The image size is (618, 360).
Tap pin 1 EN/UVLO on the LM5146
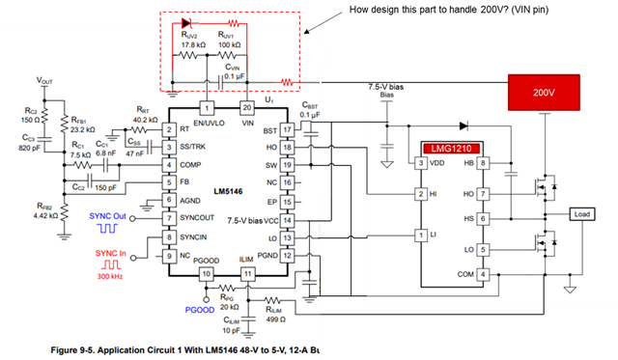[205, 108]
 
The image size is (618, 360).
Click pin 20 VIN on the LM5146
[246, 108]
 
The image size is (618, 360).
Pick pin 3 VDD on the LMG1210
[421, 164]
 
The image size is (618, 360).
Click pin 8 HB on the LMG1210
[482, 164]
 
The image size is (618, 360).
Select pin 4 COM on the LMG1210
[482, 274]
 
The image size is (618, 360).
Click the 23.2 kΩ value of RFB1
[82, 128]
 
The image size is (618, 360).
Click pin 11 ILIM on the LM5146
[246, 275]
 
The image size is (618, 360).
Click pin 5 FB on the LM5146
[170, 182]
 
